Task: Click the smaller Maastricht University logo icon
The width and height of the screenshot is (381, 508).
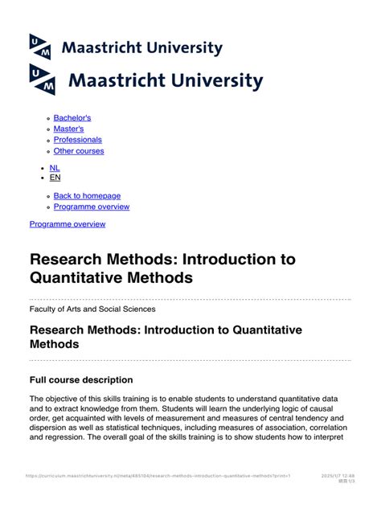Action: [40, 47]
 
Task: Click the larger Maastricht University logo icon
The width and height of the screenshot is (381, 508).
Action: [43, 79]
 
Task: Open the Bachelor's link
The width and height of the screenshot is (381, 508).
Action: [72, 117]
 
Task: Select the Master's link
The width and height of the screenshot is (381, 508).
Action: [68, 129]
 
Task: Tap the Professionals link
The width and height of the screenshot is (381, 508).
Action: [78, 140]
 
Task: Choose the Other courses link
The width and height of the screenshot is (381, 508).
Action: [79, 151]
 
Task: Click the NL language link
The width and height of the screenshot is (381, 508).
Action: [55, 168]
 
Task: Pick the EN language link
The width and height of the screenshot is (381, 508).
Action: [55, 178]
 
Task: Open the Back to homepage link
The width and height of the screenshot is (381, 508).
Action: [87, 195]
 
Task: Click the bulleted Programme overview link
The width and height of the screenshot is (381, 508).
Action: [92, 207]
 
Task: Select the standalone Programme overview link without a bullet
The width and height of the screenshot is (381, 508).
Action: [68, 224]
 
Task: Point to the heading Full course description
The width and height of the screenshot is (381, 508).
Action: [81, 379]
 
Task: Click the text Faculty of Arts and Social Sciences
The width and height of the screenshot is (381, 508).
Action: [92, 309]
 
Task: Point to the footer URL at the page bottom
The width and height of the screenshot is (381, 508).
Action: [158, 476]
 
